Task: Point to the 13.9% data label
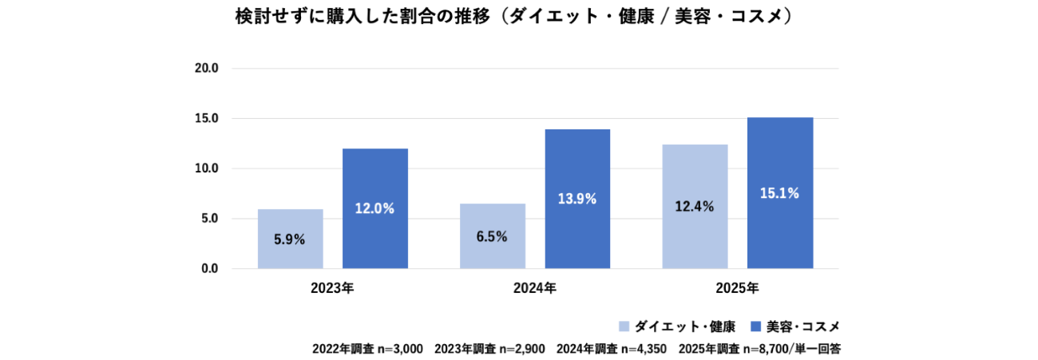coord(577,199)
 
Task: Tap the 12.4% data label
coord(695,206)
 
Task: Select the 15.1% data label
coord(780,192)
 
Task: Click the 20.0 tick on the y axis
coord(207,69)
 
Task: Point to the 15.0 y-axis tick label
coord(207,119)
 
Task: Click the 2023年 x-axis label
coord(332,288)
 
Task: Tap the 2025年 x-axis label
coord(737,288)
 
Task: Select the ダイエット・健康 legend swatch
coord(624,326)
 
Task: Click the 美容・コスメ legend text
coord(803,326)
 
